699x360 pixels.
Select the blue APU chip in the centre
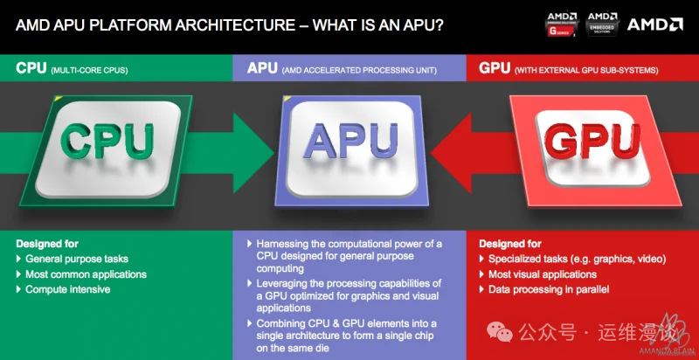pyautogui.click(x=349, y=143)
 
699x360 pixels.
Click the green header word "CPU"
pyautogui.click(x=31, y=67)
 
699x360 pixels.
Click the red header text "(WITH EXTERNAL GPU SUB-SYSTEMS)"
pyautogui.click(x=585, y=68)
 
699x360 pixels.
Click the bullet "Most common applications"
pyautogui.click(x=86, y=274)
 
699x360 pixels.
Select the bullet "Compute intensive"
pyautogui.click(x=68, y=289)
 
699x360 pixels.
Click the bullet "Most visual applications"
pyautogui.click(x=543, y=274)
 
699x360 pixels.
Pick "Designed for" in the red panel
pyautogui.click(x=509, y=244)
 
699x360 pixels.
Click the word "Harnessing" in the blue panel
pyautogui.click(x=285, y=244)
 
